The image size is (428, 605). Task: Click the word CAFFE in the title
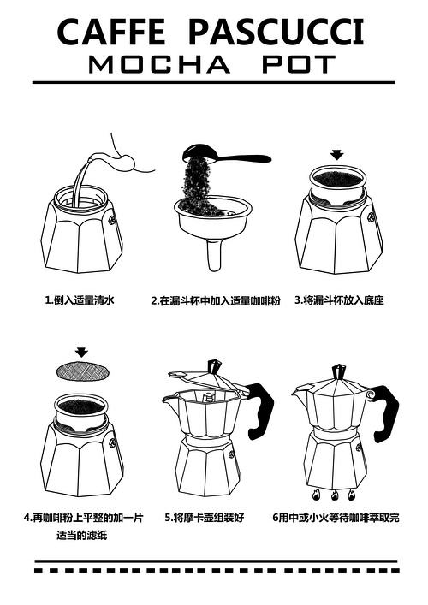pyautogui.click(x=111, y=33)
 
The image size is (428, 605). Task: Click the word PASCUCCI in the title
pyautogui.click(x=275, y=33)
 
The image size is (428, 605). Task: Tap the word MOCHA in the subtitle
pyautogui.click(x=159, y=65)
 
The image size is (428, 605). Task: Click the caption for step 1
pyautogui.click(x=80, y=301)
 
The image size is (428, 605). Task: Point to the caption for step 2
pyautogui.click(x=216, y=301)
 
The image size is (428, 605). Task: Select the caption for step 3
pyautogui.click(x=339, y=301)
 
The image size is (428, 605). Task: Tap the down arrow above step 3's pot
pyautogui.click(x=337, y=155)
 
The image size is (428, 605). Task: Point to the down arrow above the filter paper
pyautogui.click(x=81, y=352)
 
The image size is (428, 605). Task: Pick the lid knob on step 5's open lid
pyautogui.click(x=213, y=367)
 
